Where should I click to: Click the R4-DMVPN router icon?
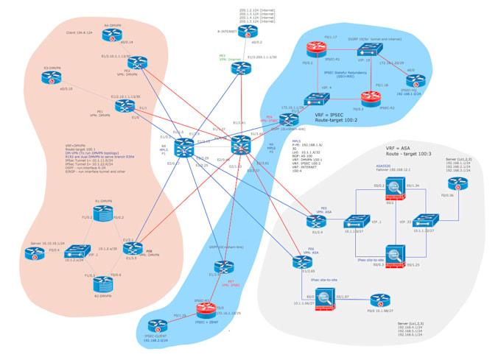click(x=113, y=33)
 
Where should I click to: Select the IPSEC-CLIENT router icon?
click(x=155, y=325)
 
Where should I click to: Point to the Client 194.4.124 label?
click(x=80, y=33)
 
